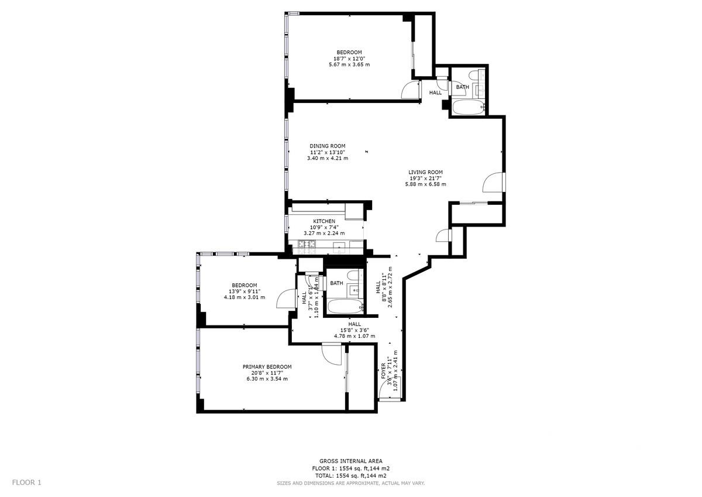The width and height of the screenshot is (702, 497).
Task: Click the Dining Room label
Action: [328, 146]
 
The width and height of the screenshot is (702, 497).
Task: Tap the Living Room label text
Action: [426, 172]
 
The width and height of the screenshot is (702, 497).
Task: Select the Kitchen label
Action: [324, 221]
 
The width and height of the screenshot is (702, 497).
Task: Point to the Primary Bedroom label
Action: [267, 367]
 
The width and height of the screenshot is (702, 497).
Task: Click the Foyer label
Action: [383, 371]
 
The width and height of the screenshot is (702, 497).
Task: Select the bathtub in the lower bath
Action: [345, 306]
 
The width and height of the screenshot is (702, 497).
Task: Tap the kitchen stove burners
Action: [307, 247]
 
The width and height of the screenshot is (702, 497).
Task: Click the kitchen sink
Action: [339, 248]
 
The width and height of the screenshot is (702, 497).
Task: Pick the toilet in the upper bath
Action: [473, 76]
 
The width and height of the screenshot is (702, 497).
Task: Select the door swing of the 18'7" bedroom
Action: [411, 90]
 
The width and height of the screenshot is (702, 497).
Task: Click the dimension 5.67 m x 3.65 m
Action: [349, 64]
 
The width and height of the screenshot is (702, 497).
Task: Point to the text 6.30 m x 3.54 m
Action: [267, 379]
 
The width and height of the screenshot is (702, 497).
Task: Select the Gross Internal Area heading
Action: [350, 461]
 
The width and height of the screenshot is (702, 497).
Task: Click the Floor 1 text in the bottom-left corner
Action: [27, 482]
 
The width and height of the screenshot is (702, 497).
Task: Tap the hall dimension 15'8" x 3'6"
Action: [355, 330]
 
